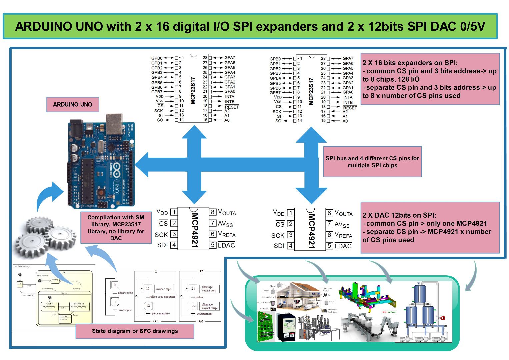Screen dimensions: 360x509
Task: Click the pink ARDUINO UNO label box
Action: tap(72, 104)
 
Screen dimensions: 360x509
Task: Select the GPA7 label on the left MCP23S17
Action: tap(229, 58)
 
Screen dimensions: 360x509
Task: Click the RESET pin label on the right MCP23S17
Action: tap(350, 108)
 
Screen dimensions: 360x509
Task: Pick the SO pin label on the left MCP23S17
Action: tap(160, 120)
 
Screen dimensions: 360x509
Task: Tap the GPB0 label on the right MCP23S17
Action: tap(275, 59)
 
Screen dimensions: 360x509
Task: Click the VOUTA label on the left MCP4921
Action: tap(227, 212)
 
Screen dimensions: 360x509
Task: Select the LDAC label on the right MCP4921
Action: tap(343, 246)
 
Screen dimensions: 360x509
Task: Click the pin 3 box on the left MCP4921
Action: tap(174, 234)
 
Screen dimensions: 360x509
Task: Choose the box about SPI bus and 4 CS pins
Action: tap(372, 162)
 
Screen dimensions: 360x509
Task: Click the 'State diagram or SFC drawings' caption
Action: tap(135, 331)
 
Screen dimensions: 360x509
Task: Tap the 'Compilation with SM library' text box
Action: tap(116, 228)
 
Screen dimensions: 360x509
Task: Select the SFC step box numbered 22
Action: tap(193, 306)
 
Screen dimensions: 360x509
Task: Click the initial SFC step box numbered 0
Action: tap(115, 285)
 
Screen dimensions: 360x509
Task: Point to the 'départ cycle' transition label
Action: tap(125, 293)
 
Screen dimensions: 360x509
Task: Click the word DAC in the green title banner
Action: tap(444, 26)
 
